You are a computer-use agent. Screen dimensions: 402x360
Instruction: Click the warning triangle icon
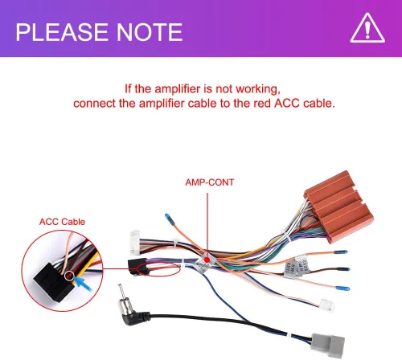(x=367, y=28)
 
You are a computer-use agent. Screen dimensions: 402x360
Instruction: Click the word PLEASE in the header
(x=62, y=32)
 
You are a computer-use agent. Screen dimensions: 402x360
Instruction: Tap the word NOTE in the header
(x=150, y=32)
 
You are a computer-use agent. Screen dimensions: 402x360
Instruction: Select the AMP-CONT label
(x=210, y=182)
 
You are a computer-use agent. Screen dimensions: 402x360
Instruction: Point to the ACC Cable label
(x=62, y=222)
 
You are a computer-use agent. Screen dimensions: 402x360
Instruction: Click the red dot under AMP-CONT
(x=207, y=260)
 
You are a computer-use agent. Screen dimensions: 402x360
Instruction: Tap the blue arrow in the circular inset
(x=82, y=284)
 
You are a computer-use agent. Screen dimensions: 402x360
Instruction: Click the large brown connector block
(x=339, y=207)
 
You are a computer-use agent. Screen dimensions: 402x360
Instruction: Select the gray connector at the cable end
(x=328, y=345)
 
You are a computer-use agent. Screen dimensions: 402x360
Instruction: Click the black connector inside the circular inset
(x=54, y=281)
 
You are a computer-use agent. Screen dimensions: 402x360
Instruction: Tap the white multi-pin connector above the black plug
(x=135, y=243)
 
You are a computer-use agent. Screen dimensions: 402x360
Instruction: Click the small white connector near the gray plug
(x=327, y=305)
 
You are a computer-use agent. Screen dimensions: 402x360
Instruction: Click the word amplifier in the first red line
(x=178, y=89)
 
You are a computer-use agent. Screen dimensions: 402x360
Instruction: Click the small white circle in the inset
(x=69, y=276)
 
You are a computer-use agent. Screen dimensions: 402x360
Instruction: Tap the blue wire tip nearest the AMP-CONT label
(x=168, y=216)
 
